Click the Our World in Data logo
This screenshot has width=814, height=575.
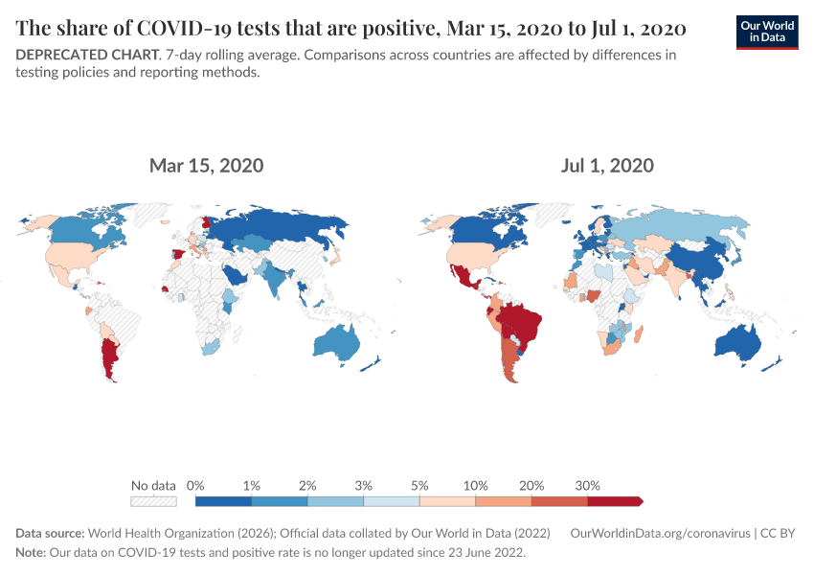coord(766,32)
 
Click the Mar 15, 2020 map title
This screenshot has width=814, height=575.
coord(206,166)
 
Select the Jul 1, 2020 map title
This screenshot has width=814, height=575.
coord(607,166)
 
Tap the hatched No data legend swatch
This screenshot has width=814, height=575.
coord(153,500)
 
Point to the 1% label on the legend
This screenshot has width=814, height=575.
coord(251,485)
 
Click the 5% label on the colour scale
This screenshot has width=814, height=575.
coord(419,485)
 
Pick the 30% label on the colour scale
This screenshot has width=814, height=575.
coord(587,485)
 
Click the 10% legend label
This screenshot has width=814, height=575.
coord(475,485)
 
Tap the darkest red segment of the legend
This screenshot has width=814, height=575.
coord(613,500)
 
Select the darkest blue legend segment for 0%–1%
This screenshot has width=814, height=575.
coord(223,500)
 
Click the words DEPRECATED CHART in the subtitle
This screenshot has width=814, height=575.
coord(86,55)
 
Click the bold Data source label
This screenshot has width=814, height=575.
coord(51,533)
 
